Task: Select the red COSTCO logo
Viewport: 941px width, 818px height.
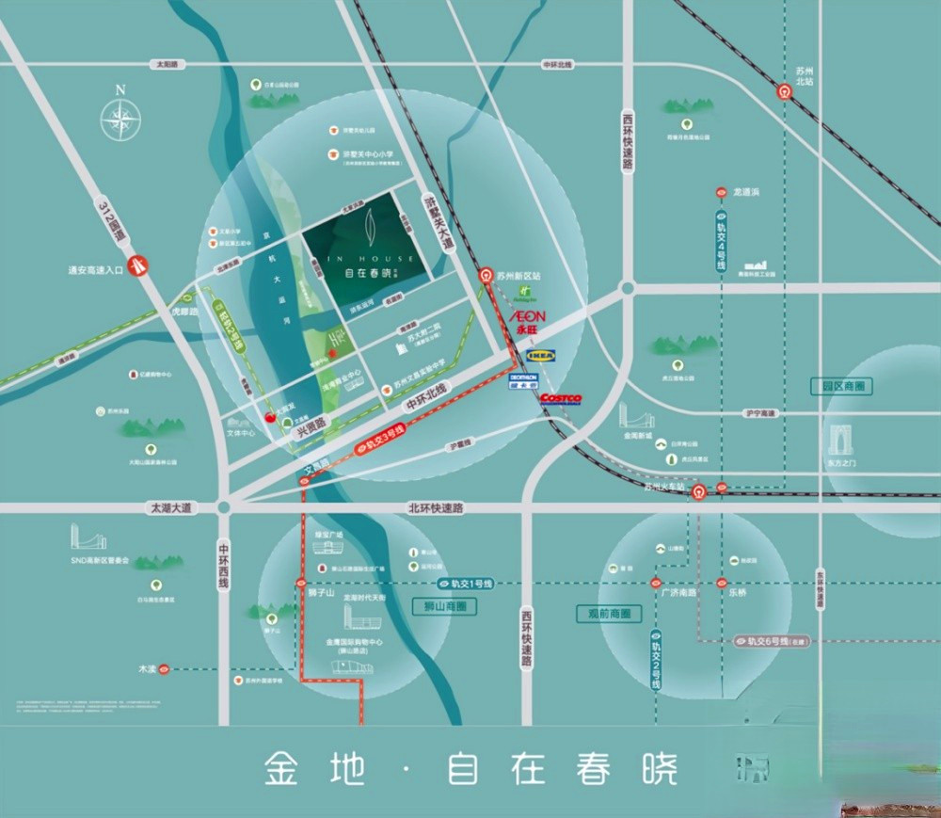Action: [560, 399]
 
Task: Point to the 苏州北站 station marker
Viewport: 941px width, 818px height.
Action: [783, 91]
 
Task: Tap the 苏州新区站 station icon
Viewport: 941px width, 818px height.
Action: [486, 276]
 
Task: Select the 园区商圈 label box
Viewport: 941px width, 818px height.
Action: [841, 386]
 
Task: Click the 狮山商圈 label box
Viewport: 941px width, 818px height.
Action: [444, 607]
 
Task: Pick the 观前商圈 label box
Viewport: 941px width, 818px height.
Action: [608, 613]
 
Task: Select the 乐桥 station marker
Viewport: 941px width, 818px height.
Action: [722, 583]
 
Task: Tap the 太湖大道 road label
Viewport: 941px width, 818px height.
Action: [170, 508]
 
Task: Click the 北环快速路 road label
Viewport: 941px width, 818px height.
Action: [435, 508]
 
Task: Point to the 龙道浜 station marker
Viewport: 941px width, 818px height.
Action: [722, 192]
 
